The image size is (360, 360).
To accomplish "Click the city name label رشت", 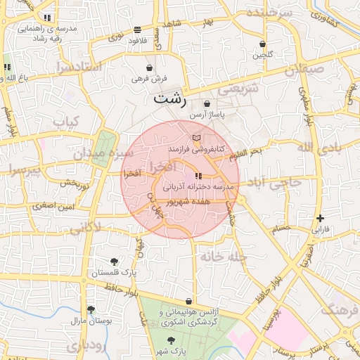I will pyautogui.click(x=171, y=98).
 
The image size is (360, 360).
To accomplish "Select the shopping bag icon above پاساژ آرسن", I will pyautogui.click(x=206, y=103).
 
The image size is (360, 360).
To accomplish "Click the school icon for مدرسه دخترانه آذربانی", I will pyautogui.click(x=199, y=176).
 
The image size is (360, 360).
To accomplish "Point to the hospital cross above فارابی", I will pyautogui.click(x=320, y=219).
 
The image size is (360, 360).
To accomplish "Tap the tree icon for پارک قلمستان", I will pyautogui.click(x=115, y=262).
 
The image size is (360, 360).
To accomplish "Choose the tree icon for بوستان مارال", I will pyautogui.click(x=91, y=309).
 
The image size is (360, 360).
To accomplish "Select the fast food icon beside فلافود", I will pyautogui.click(x=136, y=30).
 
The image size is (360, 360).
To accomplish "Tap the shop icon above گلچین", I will pyautogui.click(x=262, y=43).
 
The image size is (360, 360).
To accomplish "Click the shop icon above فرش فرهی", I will pyautogui.click(x=149, y=67).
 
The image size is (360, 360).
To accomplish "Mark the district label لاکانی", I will pyautogui.click(x=85, y=227).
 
